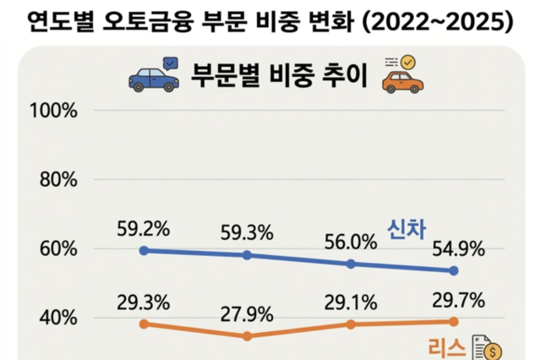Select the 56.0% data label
(350, 243)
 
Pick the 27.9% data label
(247, 314)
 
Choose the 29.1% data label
(350, 302)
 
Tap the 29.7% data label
(457, 300)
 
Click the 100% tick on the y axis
(53, 111)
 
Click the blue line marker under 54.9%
(454, 270)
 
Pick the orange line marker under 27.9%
(247, 336)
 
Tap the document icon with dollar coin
(487, 346)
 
